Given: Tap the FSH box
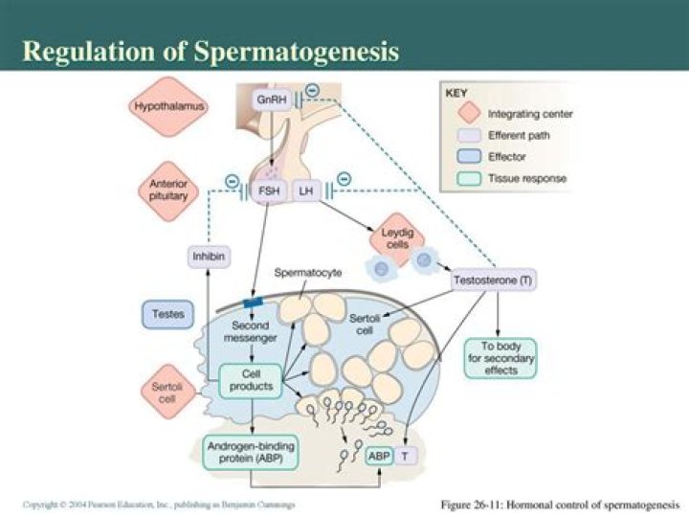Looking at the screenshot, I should [268, 191].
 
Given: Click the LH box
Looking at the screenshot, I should [305, 191].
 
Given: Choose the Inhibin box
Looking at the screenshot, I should [209, 257].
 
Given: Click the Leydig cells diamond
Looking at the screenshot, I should [397, 238].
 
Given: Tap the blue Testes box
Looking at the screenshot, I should [167, 312].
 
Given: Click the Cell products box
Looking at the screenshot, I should [252, 381].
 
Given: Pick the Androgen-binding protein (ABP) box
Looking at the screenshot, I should [252, 451].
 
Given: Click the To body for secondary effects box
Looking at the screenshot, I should [500, 358].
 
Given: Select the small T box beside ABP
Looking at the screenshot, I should [405, 457].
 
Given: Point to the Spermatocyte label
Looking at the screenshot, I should [308, 273].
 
